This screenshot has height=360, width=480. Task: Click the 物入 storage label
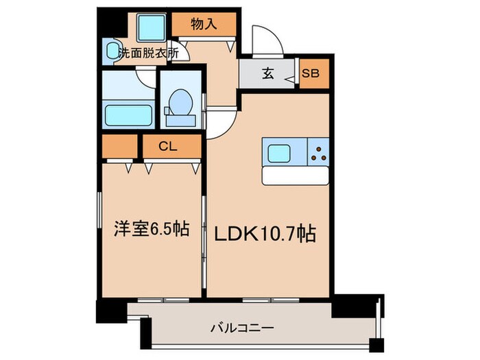[204, 24]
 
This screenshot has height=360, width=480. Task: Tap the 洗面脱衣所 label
[149, 53]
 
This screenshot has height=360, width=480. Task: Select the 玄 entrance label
[268, 75]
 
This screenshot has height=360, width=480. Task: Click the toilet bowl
[180, 104]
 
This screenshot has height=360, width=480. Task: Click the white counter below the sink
[296, 176]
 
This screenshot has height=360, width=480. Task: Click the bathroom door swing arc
[146, 76]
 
